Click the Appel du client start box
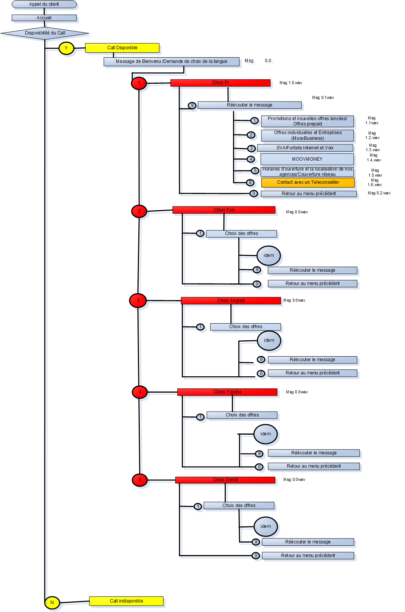pyautogui.click(x=44, y=5)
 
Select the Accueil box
pyautogui.click(x=44, y=18)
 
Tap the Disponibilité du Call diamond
pyautogui.click(x=45, y=33)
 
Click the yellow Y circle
pyautogui.click(x=66, y=48)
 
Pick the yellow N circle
pyautogui.click(x=52, y=602)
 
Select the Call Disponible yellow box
pyautogui.click(x=122, y=48)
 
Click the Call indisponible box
pyautogui.click(x=126, y=601)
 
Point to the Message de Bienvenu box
pyautogui.click(x=171, y=61)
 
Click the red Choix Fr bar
pyautogui.click(x=220, y=83)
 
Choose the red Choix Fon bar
pyautogui.click(x=224, y=210)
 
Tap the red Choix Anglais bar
pyautogui.click(x=231, y=301)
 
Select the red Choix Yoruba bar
pyautogui.click(x=227, y=392)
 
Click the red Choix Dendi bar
pyautogui.click(x=225, y=480)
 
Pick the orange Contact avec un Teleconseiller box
pyautogui.click(x=308, y=182)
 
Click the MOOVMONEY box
pyautogui.click(x=307, y=159)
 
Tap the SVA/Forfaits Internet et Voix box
pyautogui.click(x=305, y=148)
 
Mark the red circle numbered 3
pyautogui.click(x=138, y=301)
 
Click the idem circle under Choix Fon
pyautogui.click(x=269, y=255)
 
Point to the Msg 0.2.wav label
pyautogui.click(x=379, y=193)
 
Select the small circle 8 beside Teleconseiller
pyautogui.click(x=250, y=183)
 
